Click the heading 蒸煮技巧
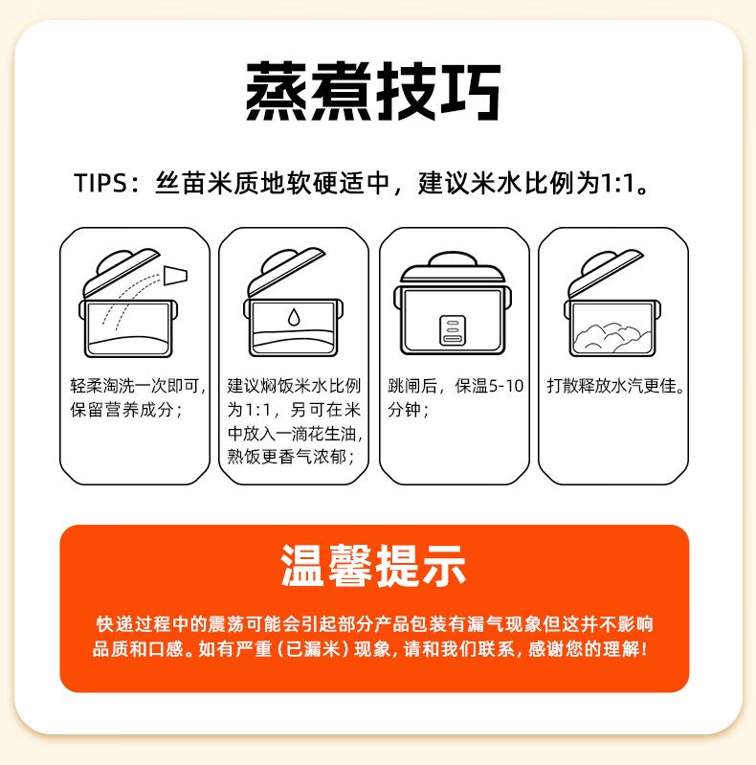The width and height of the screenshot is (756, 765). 373,92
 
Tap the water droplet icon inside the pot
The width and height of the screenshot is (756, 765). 294,316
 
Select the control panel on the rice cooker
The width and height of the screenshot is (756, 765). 452,329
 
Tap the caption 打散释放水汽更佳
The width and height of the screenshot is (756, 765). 616,386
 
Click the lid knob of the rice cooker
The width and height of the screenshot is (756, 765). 452,258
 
